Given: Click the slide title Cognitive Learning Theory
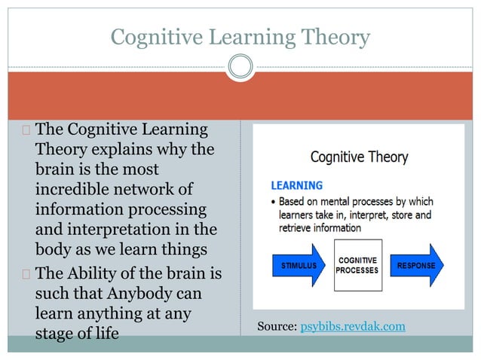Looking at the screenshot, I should point(240,36).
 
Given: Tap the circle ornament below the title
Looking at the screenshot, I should point(240,68).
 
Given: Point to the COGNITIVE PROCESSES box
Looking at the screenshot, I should point(357,265).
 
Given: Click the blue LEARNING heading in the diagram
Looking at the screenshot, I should point(297,185).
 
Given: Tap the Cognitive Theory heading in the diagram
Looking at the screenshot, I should point(359,157).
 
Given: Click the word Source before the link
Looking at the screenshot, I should point(276,325).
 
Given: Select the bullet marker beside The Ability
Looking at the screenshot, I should point(27,273).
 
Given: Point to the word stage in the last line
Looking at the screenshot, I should point(57,333).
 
